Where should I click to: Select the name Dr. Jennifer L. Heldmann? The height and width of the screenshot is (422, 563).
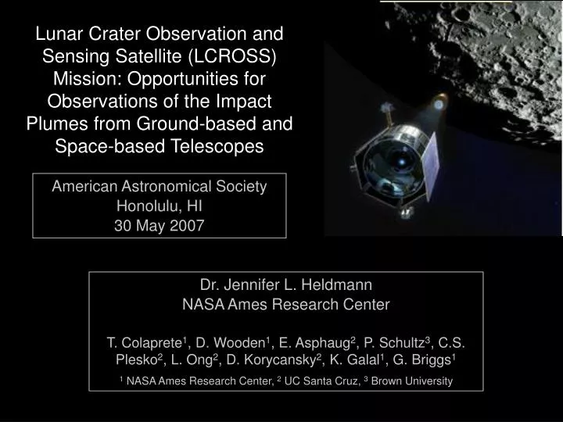285,284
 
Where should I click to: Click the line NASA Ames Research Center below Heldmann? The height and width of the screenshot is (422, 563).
285,304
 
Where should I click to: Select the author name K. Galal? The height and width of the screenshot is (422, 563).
370,362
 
